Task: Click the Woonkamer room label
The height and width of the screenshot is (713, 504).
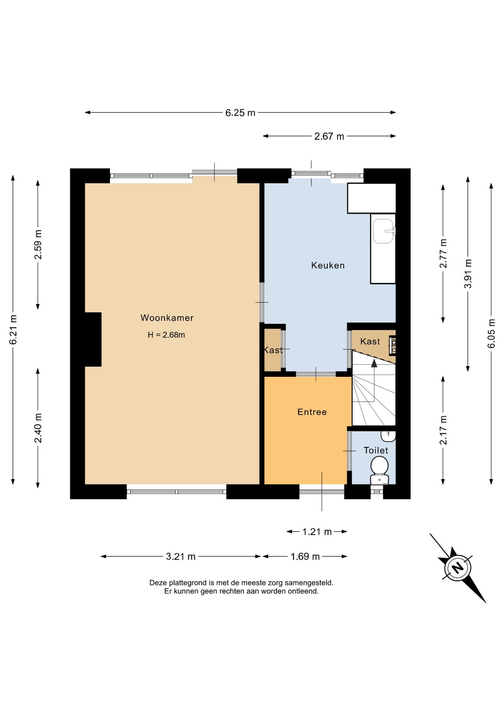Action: point(167,318)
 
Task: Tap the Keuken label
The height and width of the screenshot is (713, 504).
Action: point(328,266)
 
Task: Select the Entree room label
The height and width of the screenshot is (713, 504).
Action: point(312,412)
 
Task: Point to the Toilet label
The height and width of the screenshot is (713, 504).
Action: point(376,450)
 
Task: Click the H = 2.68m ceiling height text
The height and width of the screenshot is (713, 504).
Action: point(166,335)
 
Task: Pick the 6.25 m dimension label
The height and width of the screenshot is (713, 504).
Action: point(240,113)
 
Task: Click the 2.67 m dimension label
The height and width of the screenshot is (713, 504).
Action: point(329,137)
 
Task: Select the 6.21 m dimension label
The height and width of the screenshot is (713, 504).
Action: point(13,329)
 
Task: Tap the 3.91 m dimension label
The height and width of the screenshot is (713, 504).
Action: point(468,274)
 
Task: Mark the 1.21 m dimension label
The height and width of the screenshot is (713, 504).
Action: point(317,532)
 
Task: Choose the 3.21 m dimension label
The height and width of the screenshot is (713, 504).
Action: point(181,557)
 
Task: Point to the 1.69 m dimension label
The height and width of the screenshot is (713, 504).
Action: point(305,557)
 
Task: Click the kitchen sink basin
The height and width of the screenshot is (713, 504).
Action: point(383,231)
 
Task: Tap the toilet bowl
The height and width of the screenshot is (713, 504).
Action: point(379,465)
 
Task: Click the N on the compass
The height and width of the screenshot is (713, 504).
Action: point(458,567)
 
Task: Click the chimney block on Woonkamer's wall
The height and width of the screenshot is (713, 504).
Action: point(93,339)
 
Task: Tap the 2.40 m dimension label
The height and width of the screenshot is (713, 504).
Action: point(38,428)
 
